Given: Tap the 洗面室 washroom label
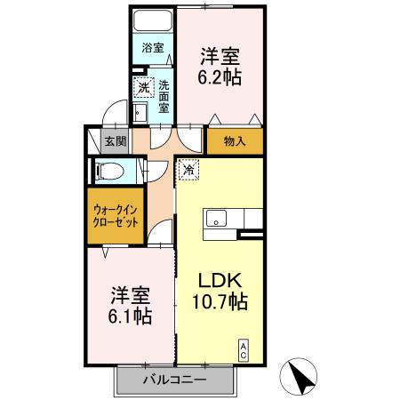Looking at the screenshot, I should pos(164,97).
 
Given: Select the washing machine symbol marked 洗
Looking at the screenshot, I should pos(142,88).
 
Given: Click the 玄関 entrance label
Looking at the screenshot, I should pos(114,140).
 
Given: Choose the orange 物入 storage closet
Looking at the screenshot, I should pos(235,140).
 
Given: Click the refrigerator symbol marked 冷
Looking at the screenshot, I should pos(188,167).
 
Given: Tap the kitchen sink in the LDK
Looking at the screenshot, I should pos(216,218).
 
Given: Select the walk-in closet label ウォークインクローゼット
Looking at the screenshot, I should pos(116,217).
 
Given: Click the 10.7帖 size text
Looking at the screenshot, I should pos(220,302).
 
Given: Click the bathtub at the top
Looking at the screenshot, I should pos(152,21).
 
